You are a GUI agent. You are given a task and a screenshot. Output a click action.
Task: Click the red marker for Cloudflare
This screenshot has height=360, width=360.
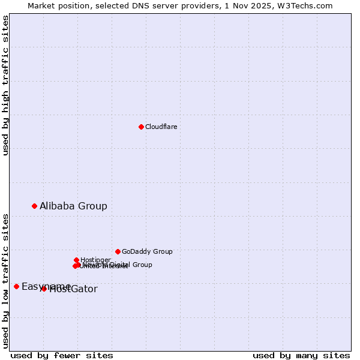tap(141, 127)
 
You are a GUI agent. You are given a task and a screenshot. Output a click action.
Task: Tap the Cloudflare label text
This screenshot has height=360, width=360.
tap(161, 127)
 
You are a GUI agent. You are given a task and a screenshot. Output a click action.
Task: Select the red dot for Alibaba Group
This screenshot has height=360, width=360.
tap(34, 206)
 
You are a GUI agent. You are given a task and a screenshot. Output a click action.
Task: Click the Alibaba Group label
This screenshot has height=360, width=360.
tap(73, 206)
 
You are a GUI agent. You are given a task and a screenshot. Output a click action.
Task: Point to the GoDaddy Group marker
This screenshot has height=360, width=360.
tap(118, 251)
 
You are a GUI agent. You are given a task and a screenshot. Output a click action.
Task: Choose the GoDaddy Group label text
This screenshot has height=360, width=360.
tap(147, 251)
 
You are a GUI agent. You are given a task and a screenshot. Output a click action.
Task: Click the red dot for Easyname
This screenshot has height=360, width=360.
tap(16, 286)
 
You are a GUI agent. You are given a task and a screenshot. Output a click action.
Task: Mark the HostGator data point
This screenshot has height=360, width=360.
tap(44, 289)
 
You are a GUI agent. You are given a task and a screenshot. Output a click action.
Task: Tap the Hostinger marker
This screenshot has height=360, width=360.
tap(77, 260)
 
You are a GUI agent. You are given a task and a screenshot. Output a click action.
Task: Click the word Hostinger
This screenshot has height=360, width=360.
tap(95, 260)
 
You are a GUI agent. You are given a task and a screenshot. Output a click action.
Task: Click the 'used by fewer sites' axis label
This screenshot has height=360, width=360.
tap(62, 355)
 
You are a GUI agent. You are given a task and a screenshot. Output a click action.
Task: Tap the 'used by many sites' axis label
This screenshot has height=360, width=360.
tap(301, 355)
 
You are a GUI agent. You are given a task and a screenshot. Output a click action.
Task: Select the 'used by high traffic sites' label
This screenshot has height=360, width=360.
tap(5, 85)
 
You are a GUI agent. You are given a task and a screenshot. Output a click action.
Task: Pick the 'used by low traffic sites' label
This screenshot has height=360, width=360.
tap(5, 281)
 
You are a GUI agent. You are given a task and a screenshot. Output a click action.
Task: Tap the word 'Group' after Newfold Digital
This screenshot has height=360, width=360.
tap(142, 265)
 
